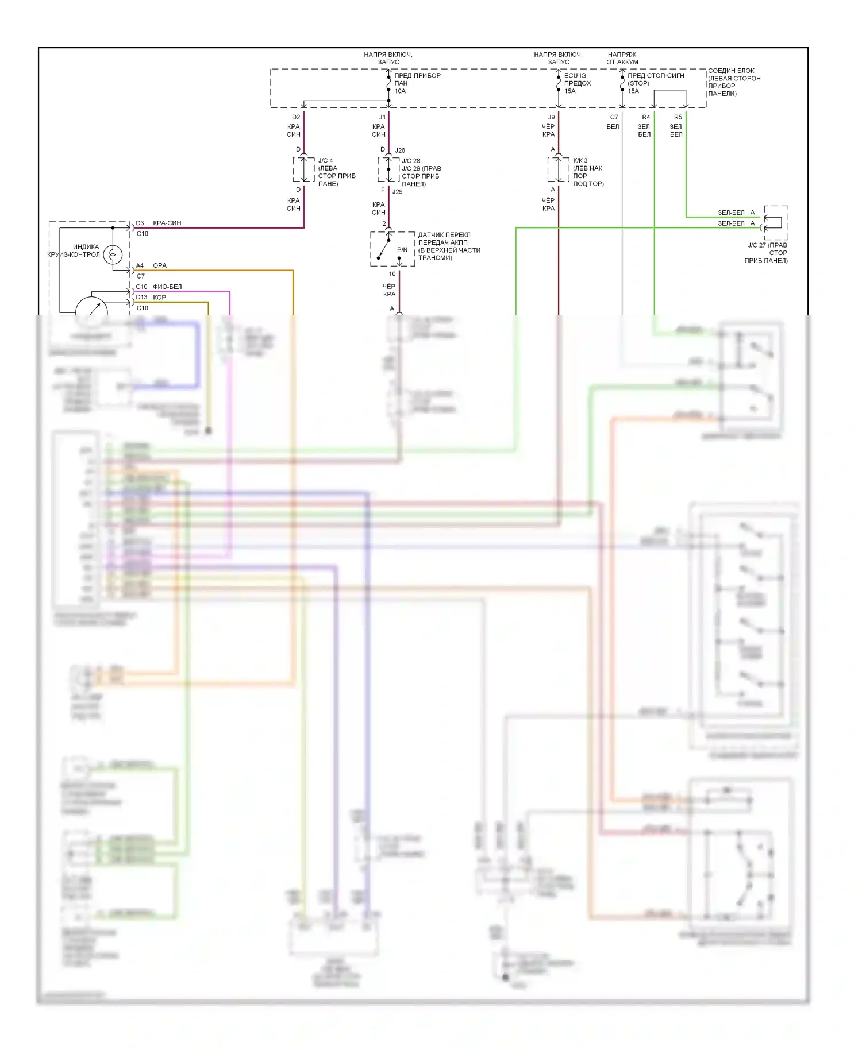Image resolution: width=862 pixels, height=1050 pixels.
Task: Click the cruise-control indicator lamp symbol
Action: click(x=113, y=254)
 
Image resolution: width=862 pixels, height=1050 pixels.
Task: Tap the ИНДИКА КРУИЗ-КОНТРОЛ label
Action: click(x=74, y=250)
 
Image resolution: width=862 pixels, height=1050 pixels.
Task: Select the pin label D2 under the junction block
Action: click(x=296, y=117)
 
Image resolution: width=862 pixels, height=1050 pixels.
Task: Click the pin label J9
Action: click(x=552, y=117)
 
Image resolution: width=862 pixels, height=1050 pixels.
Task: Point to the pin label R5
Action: click(x=678, y=117)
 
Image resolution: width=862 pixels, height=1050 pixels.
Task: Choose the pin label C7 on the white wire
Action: click(x=614, y=117)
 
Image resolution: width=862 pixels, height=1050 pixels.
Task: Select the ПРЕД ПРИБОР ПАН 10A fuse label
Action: click(x=417, y=83)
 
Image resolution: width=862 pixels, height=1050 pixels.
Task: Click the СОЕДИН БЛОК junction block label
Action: click(x=734, y=82)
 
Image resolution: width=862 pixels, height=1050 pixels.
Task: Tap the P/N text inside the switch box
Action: click(x=402, y=250)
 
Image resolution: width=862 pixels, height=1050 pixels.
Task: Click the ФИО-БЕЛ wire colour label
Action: click(x=167, y=287)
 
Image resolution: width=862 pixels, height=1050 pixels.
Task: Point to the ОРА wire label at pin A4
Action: click(x=160, y=265)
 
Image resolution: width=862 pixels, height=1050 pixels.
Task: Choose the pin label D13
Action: click(x=141, y=297)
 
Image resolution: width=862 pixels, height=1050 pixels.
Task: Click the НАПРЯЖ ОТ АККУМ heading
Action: click(x=622, y=58)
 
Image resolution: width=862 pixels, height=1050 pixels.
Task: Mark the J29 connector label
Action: click(x=398, y=192)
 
